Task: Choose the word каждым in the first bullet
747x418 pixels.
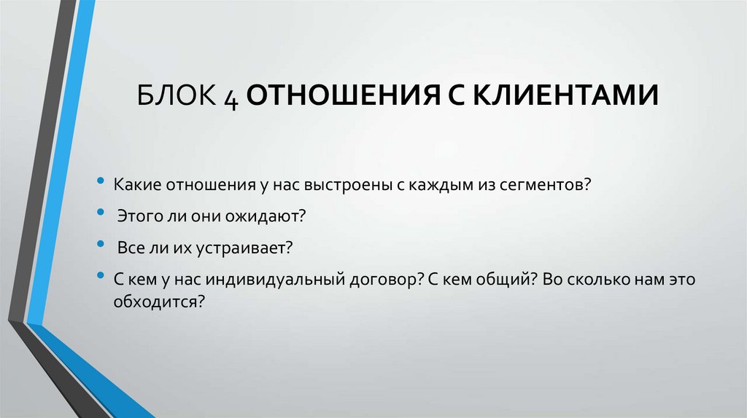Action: (440, 185)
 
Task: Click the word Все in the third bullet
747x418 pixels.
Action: (128, 248)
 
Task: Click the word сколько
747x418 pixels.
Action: (599, 280)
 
